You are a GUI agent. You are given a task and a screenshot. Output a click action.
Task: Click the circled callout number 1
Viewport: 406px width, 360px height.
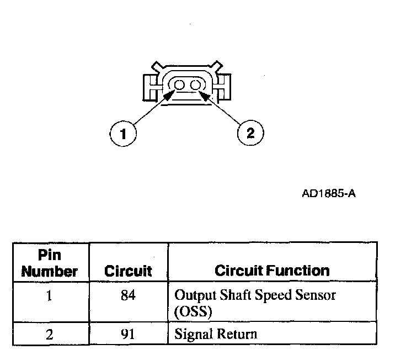[x=123, y=133]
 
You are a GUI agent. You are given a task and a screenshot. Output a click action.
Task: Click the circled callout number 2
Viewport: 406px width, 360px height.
[x=250, y=133]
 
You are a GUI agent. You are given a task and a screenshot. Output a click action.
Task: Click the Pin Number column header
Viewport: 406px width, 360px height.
[x=50, y=264]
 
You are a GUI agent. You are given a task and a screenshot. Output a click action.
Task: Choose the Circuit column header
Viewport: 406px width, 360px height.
[x=128, y=271]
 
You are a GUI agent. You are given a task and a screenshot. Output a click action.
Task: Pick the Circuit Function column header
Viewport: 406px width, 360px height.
[x=272, y=271]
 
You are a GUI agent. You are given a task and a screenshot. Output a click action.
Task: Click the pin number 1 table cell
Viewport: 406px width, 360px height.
[x=50, y=296]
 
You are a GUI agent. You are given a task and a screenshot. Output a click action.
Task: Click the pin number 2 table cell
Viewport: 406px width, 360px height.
[x=50, y=333]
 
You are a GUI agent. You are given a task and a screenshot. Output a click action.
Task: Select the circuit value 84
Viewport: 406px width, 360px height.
[x=128, y=296]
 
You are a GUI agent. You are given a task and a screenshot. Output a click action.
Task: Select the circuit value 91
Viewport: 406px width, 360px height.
[x=128, y=333]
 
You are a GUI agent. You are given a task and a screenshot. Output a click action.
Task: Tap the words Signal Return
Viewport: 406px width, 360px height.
[x=215, y=333]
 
